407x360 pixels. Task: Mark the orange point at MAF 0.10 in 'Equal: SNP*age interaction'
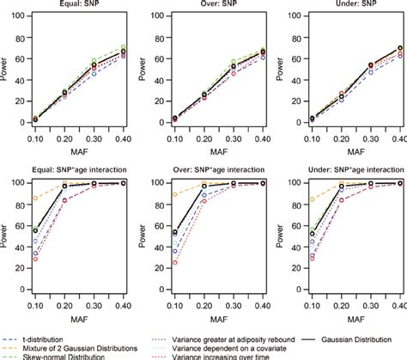click(x=34, y=198)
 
